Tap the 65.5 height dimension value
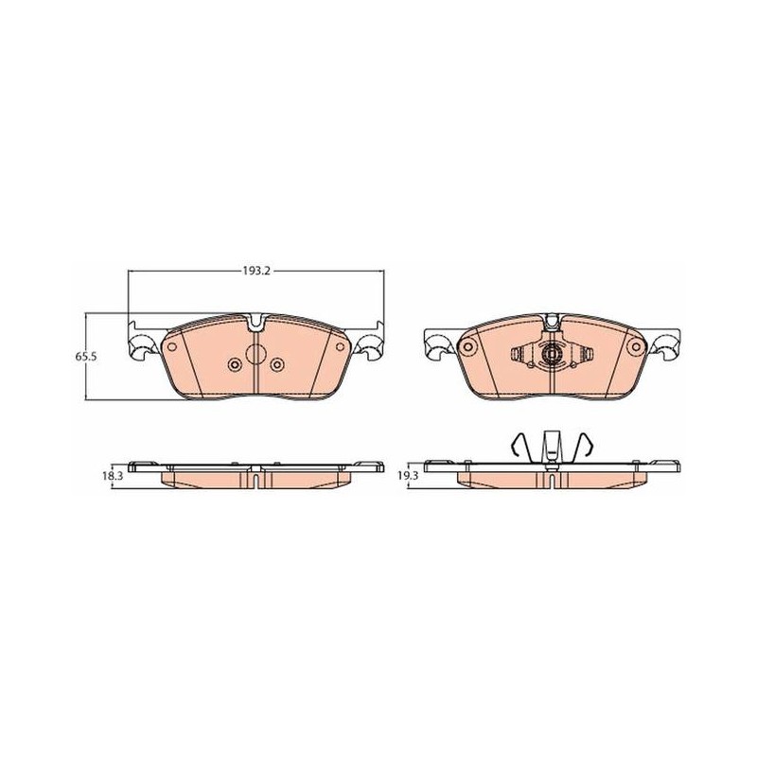coord(86,357)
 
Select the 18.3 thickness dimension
coord(113,476)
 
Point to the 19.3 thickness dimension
coord(409,476)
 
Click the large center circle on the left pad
coord(256,354)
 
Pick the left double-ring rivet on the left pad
coord(235,365)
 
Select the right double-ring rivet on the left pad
coord(277,365)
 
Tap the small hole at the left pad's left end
coord(171,346)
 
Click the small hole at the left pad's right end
coord(341,346)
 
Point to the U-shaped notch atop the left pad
coord(256,323)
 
